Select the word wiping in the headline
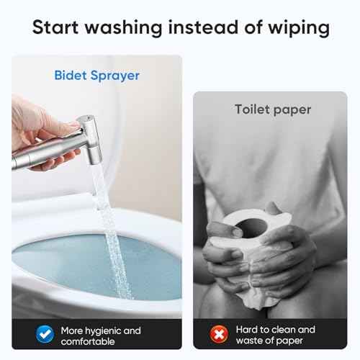click(297, 29)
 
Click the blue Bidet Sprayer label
click(96, 76)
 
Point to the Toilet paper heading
click(273, 109)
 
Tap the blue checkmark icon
click(44, 333)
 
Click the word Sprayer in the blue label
click(118, 76)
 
